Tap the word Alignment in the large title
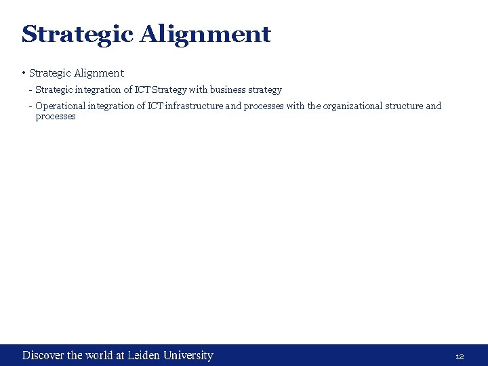coord(205,33)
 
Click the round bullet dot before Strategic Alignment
coord(24,73)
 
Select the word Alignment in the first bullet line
coord(100,73)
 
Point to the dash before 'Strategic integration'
coord(30,89)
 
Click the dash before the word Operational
coord(30,106)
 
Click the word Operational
coord(60,106)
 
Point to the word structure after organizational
coord(404,106)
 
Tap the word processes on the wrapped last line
coord(56,117)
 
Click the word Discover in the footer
coord(43,355)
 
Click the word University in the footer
coord(188,355)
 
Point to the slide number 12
coord(460,356)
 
